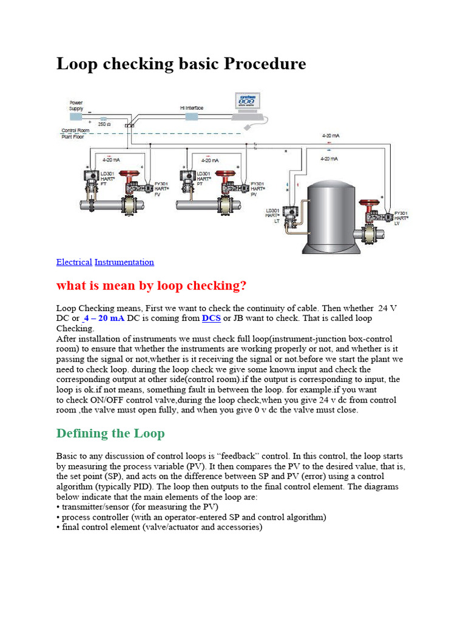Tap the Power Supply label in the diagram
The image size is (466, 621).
76,105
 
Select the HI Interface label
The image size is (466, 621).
192,108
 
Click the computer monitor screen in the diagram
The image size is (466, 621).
248,101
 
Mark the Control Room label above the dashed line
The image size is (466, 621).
76,130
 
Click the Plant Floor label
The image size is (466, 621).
73,136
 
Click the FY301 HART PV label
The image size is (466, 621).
258,188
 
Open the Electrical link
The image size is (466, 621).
74,262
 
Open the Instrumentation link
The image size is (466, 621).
124,262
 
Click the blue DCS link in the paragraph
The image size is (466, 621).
211,318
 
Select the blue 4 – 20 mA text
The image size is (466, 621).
104,318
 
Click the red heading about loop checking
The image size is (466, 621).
152,285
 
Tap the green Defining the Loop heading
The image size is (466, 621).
110,433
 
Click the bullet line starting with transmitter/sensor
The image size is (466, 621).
137,506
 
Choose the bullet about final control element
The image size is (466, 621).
160,527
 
